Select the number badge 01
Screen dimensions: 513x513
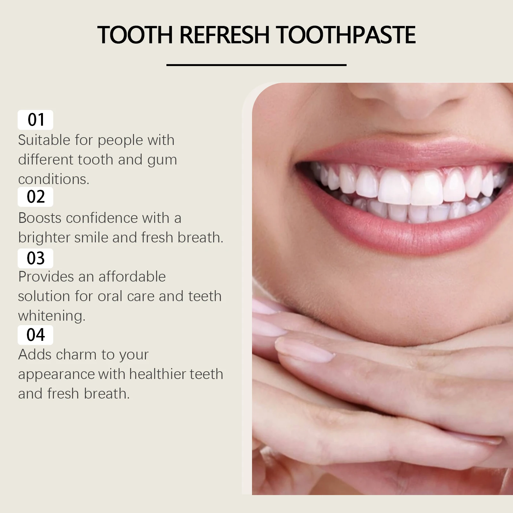coord(35,120)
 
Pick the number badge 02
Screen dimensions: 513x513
coord(35,197)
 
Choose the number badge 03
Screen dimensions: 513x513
coord(35,258)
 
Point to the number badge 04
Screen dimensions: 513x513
coord(35,335)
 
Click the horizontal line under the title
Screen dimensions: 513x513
coord(256,65)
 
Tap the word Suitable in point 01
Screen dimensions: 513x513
coord(44,140)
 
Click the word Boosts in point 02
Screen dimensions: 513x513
coord(40,218)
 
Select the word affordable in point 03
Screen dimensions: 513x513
coord(132,277)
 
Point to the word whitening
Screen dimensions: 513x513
coord(51,316)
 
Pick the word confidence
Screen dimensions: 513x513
coord(102,218)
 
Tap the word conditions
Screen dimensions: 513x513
coord(53,179)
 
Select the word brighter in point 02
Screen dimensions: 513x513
coord(44,238)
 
